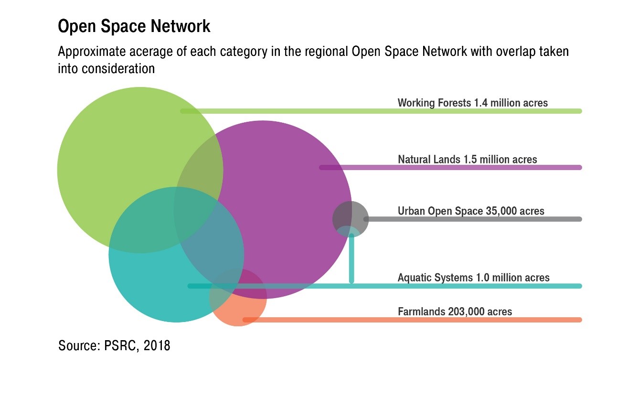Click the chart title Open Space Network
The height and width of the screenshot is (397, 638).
pyautogui.click(x=134, y=27)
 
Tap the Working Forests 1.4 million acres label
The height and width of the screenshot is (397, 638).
pyautogui.click(x=472, y=103)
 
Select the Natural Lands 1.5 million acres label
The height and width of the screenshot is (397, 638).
pyautogui.click(x=467, y=159)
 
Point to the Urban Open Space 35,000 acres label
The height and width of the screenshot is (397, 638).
pyautogui.click(x=470, y=211)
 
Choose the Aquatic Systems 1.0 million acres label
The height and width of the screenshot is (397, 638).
pyautogui.click(x=473, y=278)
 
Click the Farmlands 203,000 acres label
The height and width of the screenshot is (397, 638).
pyautogui.click(x=455, y=312)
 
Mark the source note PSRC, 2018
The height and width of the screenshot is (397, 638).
pyautogui.click(x=114, y=345)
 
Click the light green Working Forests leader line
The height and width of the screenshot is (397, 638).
pyautogui.click(x=382, y=111)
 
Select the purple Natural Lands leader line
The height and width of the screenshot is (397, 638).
pyautogui.click(x=449, y=168)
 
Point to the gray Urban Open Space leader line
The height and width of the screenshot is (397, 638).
pyautogui.click(x=473, y=219)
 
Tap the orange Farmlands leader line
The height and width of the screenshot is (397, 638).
pyautogui.click(x=411, y=320)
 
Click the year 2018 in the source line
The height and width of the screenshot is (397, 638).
pyautogui.click(x=157, y=345)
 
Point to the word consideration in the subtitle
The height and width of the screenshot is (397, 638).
pyautogui.click(x=118, y=68)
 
